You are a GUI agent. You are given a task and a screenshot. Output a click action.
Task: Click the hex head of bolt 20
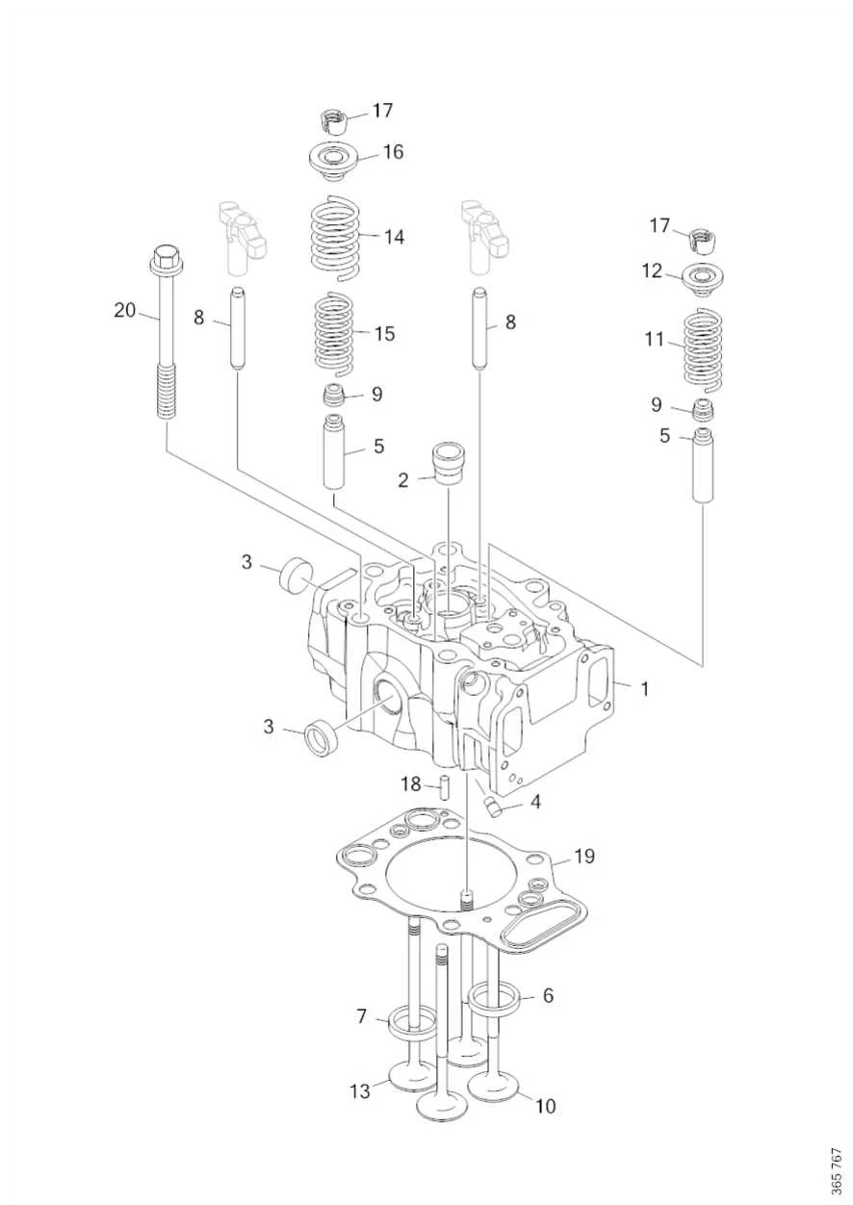tap(166, 259)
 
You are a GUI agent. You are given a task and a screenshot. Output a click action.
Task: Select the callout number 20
tap(125, 311)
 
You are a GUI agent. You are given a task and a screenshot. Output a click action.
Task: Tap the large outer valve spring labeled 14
tap(335, 237)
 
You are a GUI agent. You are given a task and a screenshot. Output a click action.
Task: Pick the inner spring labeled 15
tap(334, 335)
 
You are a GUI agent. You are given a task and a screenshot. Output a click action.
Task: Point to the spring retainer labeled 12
tap(701, 279)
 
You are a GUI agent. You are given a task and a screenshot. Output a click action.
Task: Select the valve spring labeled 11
tap(702, 348)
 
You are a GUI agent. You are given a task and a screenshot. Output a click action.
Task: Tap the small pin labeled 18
tap(445, 787)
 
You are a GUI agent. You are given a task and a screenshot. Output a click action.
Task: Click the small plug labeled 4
tap(492, 806)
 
